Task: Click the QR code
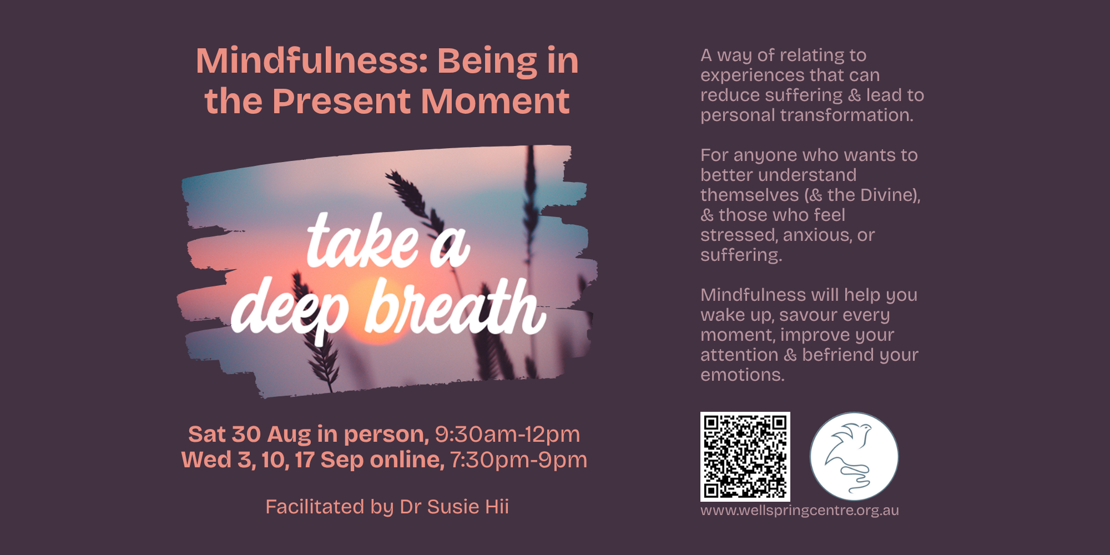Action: [x=745, y=456]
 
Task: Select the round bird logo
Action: [x=854, y=456]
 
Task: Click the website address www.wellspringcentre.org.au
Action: [x=799, y=510]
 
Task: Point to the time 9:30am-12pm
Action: [x=507, y=434]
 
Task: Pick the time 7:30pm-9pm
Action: [x=518, y=460]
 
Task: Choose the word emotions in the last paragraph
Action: [x=743, y=375]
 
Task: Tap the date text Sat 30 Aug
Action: [x=250, y=434]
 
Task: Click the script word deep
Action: [x=290, y=310]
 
